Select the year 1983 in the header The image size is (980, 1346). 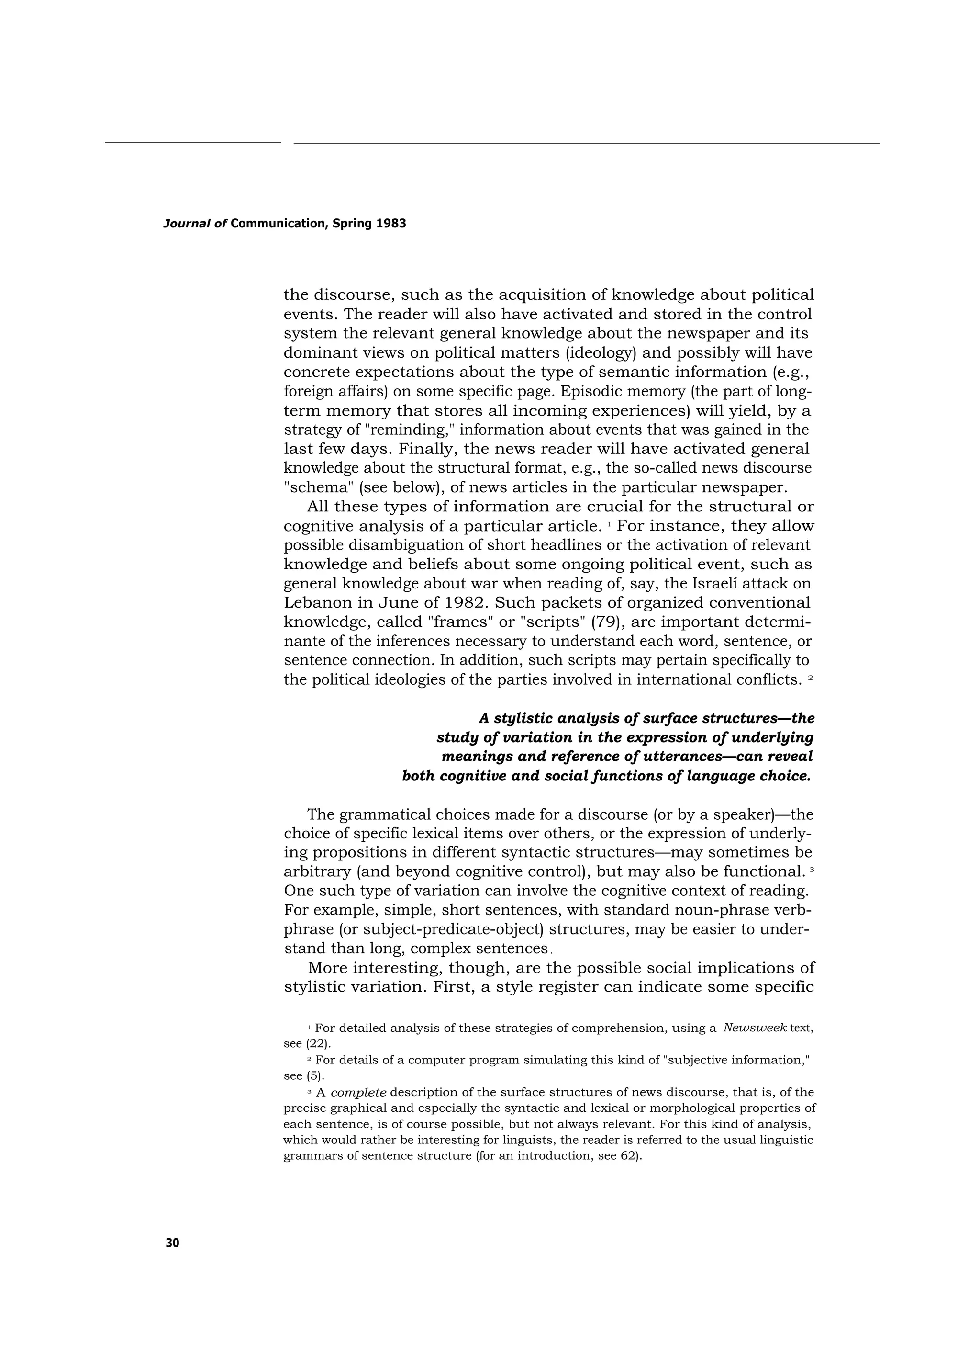(391, 224)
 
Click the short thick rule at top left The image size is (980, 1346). (193, 142)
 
